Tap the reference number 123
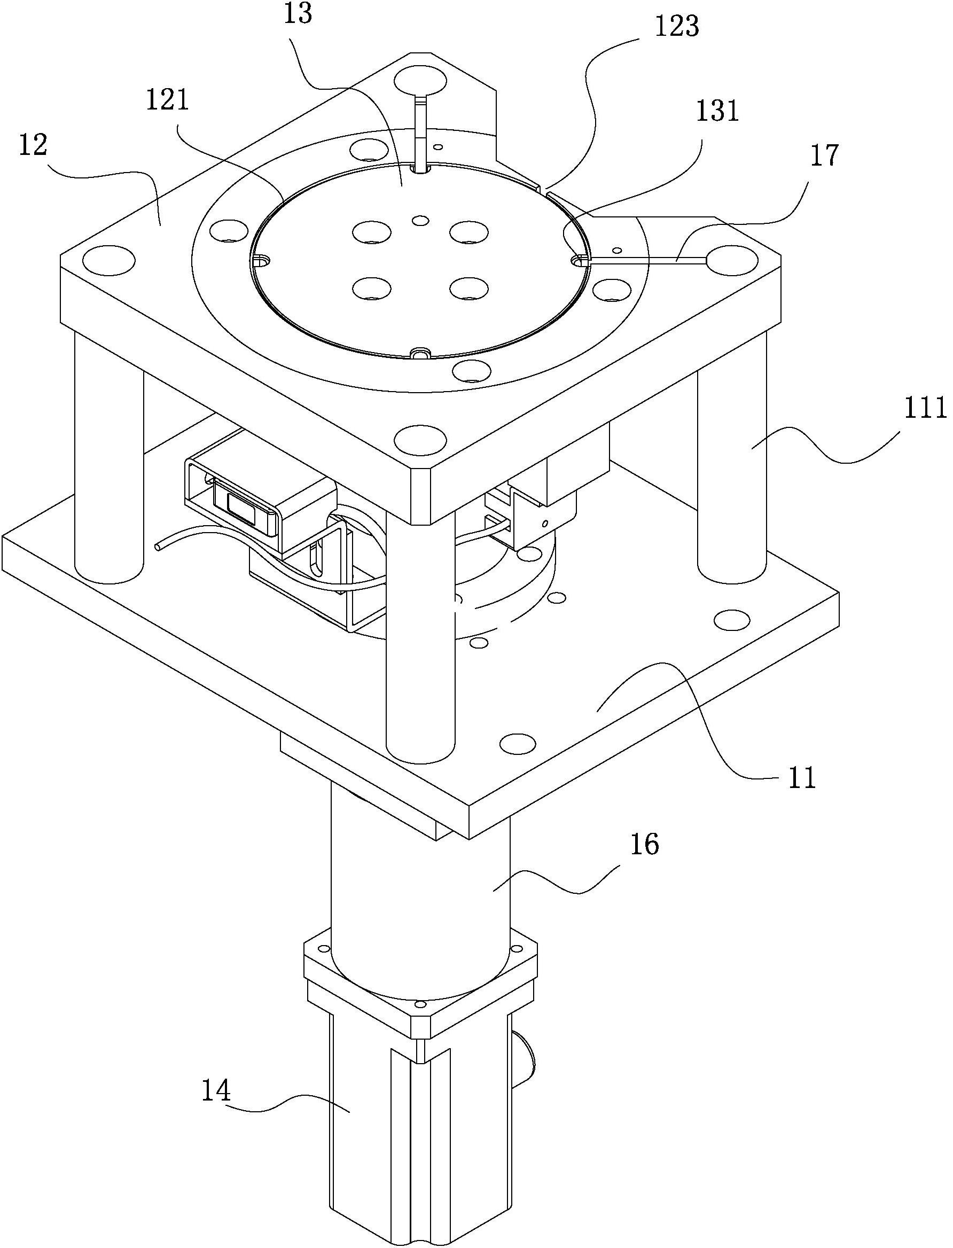677,26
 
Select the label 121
167,101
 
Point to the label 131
717,111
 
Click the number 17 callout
823,155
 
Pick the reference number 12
34,146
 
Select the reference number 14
217,1090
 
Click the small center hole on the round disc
420,220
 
